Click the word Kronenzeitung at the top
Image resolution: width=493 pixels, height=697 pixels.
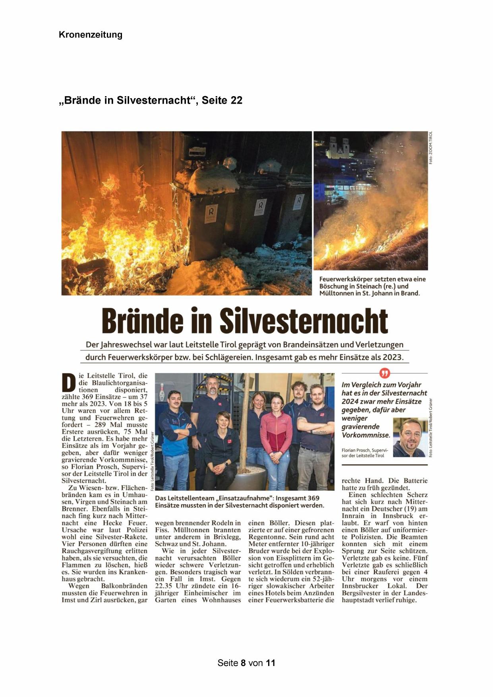coord(90,35)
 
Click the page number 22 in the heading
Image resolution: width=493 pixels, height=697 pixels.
coord(236,100)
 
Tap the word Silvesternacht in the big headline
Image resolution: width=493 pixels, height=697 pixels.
coord(304,320)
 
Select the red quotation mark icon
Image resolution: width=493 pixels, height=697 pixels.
coord(385,373)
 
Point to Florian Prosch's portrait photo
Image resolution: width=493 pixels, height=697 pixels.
coord(410,437)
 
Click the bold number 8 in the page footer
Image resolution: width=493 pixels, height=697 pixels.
coord(243,663)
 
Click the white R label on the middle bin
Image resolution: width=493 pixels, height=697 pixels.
coord(260,206)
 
